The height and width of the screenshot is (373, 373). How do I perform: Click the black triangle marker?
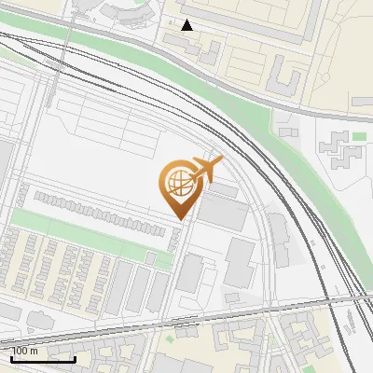click(187, 24)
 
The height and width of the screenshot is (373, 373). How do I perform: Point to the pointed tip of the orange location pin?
click(179, 217)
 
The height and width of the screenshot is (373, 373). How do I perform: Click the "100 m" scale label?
click(25, 351)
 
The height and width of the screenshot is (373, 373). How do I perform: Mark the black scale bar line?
click(43, 358)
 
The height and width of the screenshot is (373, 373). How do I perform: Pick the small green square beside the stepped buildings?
click(359, 137)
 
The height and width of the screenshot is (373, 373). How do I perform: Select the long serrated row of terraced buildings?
click(103, 206)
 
